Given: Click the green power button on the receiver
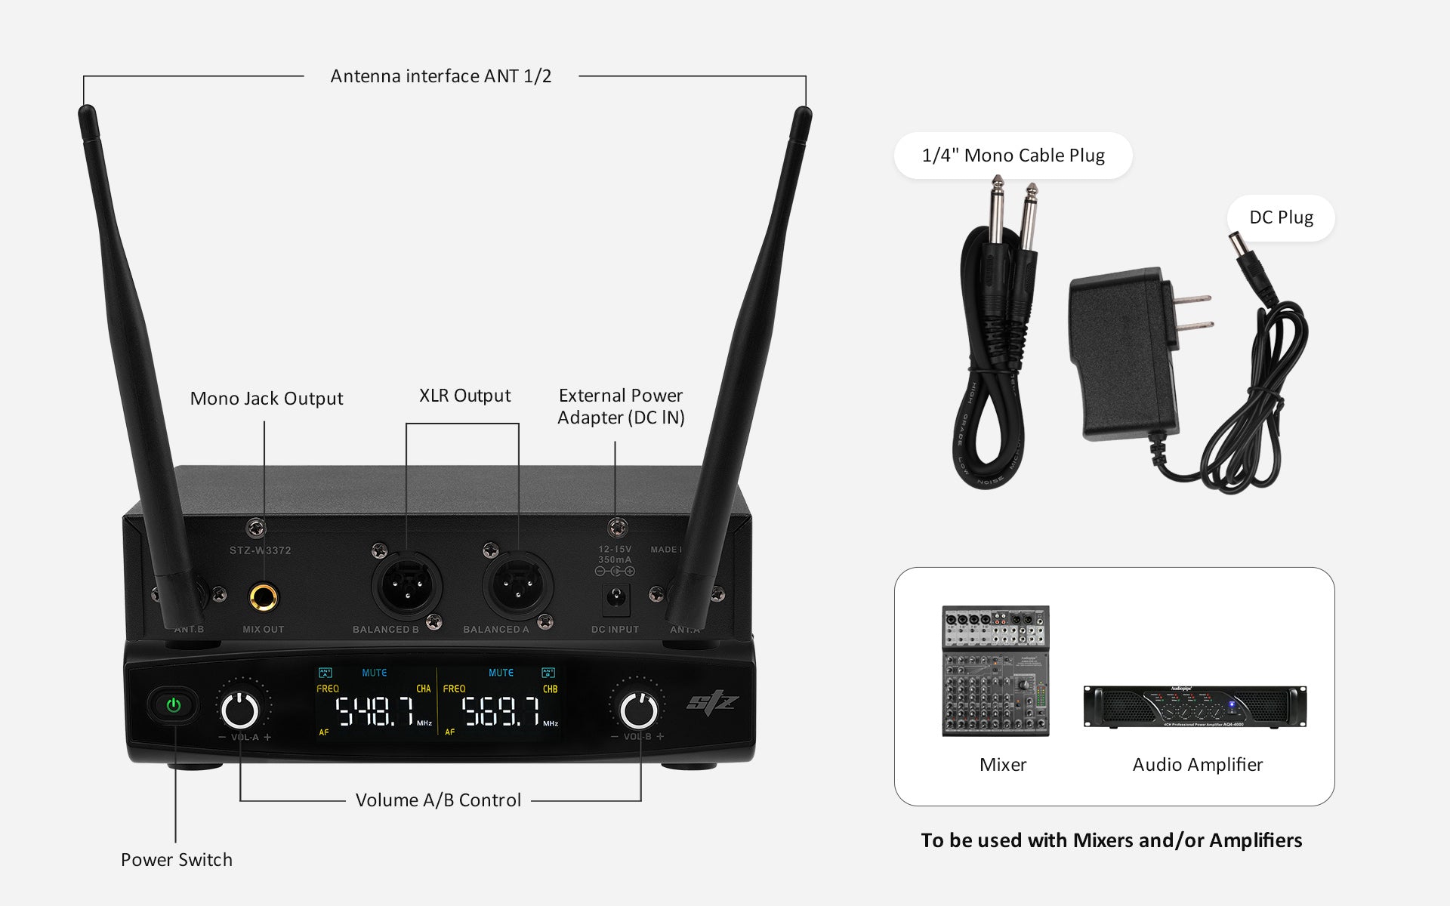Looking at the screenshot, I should click(x=174, y=706).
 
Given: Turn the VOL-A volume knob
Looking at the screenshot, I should click(x=240, y=710).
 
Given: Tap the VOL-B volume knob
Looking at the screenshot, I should click(x=638, y=710).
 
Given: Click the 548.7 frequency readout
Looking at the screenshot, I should click(x=375, y=711).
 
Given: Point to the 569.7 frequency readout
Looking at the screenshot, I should click(x=501, y=711).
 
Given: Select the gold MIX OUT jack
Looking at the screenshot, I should click(x=264, y=598).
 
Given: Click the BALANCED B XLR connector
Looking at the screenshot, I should click(x=406, y=587).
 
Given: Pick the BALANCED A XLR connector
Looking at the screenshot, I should click(x=518, y=587).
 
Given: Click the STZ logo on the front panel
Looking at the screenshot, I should click(x=711, y=703).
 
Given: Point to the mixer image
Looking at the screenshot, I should click(x=995, y=670).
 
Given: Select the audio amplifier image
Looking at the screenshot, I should click(x=1195, y=707).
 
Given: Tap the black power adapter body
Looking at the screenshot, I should click(x=1121, y=355).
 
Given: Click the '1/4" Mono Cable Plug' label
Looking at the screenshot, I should click(x=1013, y=156).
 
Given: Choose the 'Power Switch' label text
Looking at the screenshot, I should click(x=177, y=859).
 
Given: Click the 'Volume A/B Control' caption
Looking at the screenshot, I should click(x=438, y=800).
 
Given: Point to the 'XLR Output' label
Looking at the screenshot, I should click(x=464, y=396).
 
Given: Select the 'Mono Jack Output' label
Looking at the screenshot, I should click(x=266, y=399).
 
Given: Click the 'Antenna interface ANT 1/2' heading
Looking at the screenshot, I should click(x=440, y=76).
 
